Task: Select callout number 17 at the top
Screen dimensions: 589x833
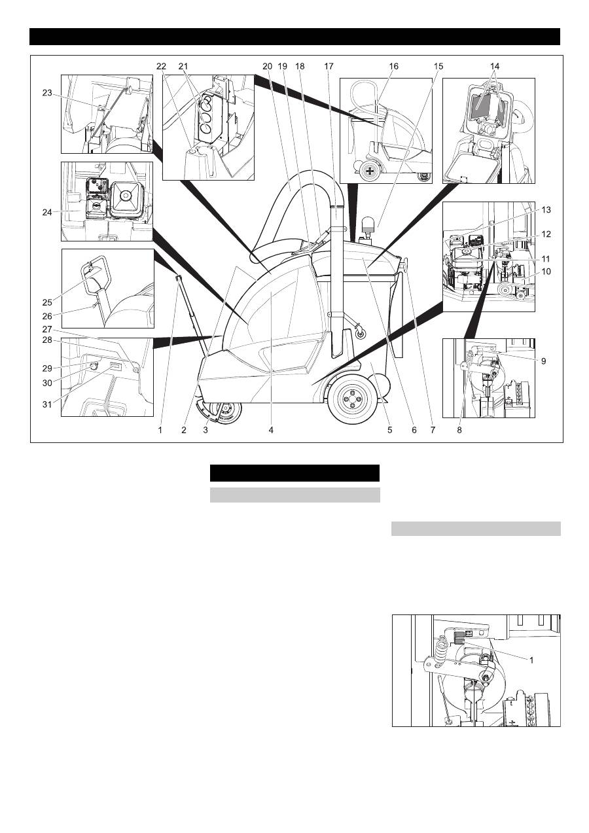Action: click(329, 66)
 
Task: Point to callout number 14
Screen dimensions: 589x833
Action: click(494, 66)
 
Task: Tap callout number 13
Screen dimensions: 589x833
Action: click(546, 210)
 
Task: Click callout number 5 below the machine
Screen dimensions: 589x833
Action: click(389, 430)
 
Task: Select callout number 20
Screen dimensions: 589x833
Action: click(266, 66)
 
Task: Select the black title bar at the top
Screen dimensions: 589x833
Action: click(294, 37)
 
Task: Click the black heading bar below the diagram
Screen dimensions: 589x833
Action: click(294, 473)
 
